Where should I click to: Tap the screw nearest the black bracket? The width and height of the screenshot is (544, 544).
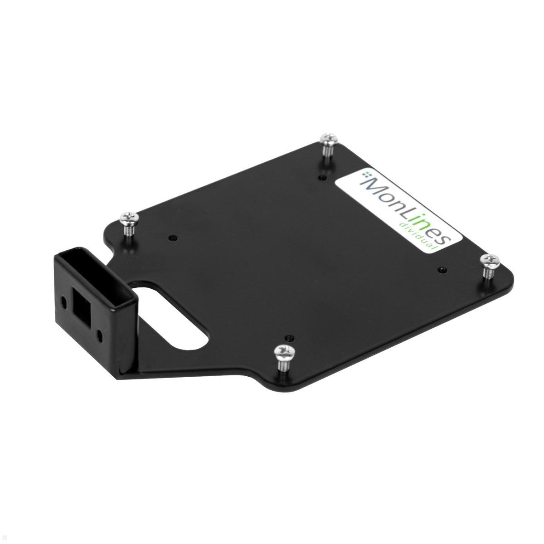(128, 218)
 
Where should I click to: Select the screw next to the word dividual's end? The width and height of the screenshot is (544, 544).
(491, 260)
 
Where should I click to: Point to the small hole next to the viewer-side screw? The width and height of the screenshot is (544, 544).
(289, 338)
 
